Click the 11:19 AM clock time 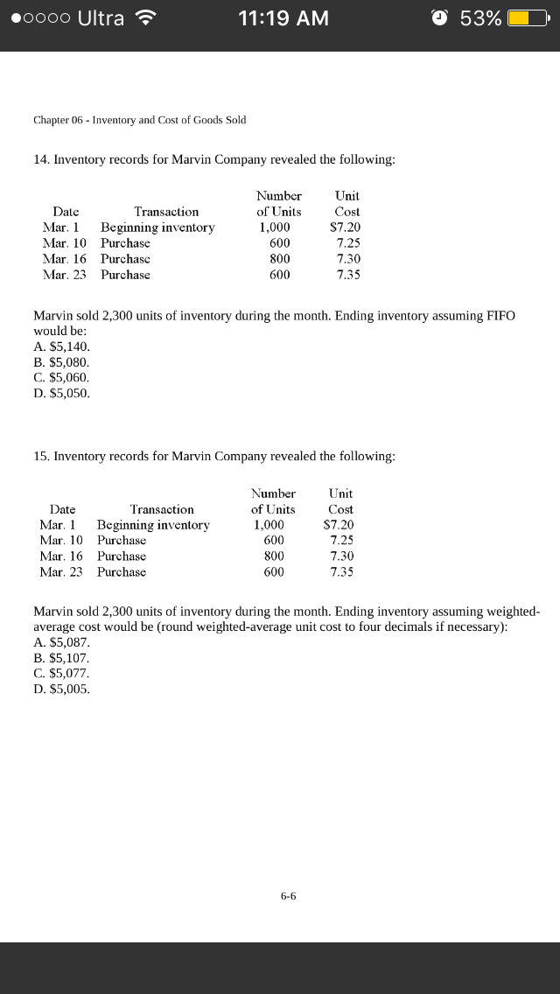(x=283, y=18)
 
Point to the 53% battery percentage (x=480, y=18)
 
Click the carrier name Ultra (x=101, y=18)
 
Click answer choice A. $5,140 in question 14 (x=61, y=346)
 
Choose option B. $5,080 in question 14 (x=61, y=362)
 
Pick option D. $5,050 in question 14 (x=61, y=393)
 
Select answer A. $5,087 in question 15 (x=61, y=642)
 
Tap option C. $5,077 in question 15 (x=61, y=673)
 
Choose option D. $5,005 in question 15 (x=61, y=689)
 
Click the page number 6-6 (x=289, y=895)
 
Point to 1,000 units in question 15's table (x=269, y=525)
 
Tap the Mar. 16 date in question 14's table (x=63, y=259)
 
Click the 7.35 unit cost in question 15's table (x=342, y=572)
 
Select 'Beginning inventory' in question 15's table (x=153, y=525)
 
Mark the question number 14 (x=40, y=159)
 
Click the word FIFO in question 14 (x=497, y=315)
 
